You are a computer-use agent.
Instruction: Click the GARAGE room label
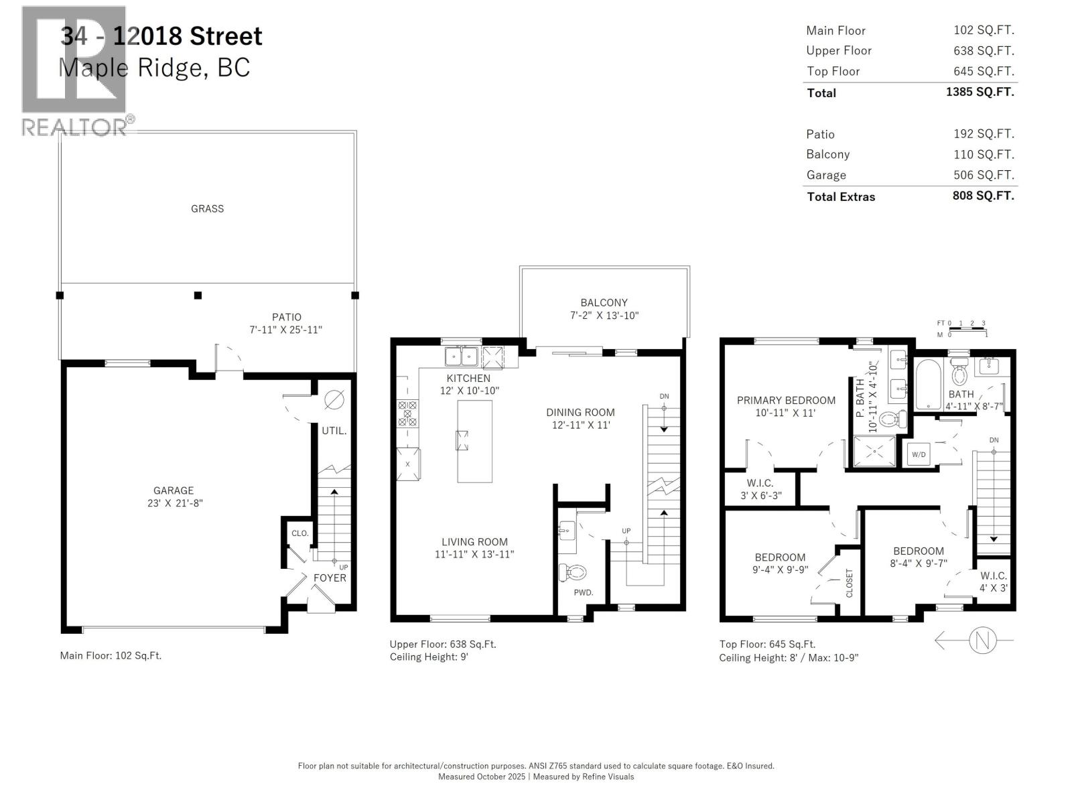point(174,490)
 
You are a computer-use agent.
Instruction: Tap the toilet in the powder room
point(573,572)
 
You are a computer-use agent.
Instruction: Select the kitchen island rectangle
point(474,441)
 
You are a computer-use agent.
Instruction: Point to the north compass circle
point(982,641)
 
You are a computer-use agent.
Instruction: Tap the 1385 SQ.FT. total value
point(980,92)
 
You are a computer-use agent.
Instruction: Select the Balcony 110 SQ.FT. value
point(984,154)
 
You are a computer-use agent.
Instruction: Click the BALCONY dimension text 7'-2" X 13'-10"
point(604,316)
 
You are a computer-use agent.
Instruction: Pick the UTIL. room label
point(334,431)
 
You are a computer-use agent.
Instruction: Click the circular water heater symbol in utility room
point(334,400)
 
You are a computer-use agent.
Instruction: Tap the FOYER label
point(330,578)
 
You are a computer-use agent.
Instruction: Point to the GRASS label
point(207,208)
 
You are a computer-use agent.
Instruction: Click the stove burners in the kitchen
point(407,413)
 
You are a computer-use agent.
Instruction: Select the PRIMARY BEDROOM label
point(786,400)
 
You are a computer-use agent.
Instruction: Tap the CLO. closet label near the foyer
point(299,533)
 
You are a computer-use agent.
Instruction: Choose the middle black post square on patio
point(198,295)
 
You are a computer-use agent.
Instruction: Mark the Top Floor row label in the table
point(833,71)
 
